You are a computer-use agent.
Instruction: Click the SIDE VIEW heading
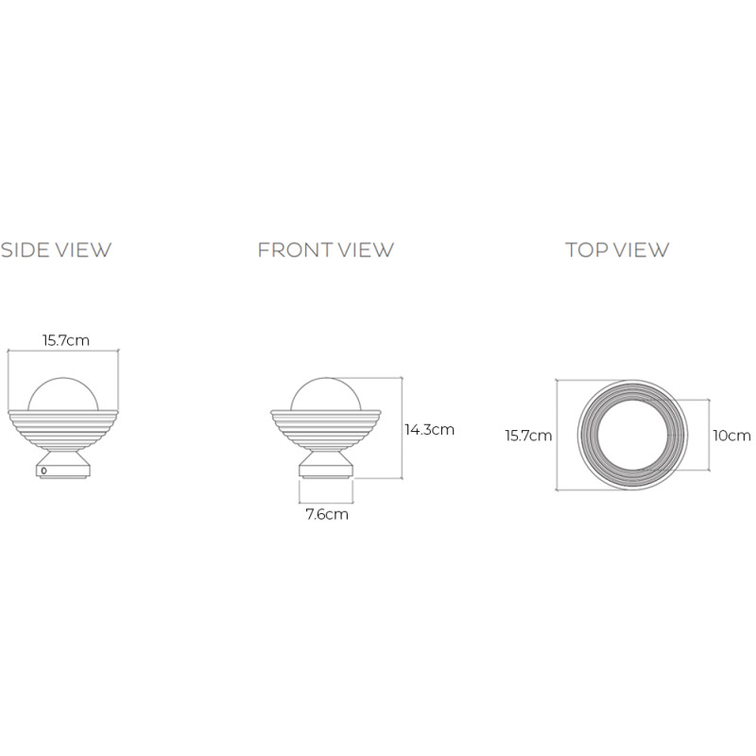point(57,250)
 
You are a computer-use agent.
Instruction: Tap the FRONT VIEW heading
point(325,250)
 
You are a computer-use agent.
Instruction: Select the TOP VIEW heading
point(617,250)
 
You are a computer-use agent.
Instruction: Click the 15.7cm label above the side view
point(65,340)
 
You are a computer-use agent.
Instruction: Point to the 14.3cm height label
point(429,429)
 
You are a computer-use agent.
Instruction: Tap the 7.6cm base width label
point(327,515)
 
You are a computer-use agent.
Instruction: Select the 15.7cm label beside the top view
point(528,436)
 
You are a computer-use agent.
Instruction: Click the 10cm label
point(731,436)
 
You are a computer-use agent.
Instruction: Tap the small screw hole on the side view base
point(43,470)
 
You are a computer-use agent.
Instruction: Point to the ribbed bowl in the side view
point(62,430)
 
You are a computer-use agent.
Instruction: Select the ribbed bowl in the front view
point(327,430)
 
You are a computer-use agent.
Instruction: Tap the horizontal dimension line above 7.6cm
point(327,501)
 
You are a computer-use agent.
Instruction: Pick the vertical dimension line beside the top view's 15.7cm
point(557,436)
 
